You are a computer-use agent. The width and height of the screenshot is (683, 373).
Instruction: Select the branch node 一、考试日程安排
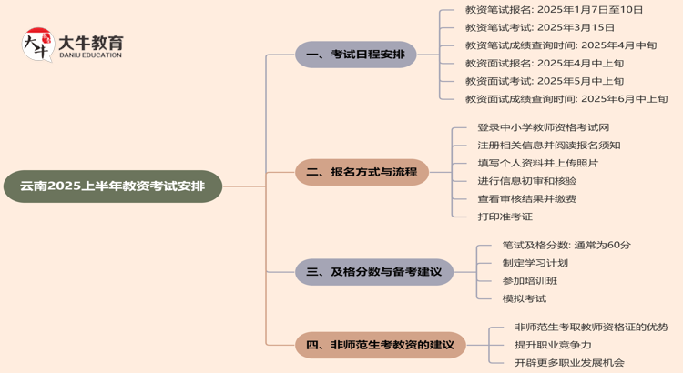(355, 55)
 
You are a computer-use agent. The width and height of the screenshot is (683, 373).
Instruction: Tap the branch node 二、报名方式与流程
(362, 171)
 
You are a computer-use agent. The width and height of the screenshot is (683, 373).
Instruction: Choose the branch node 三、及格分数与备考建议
(373, 271)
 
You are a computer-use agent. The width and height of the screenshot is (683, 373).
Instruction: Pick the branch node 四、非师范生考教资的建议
(381, 345)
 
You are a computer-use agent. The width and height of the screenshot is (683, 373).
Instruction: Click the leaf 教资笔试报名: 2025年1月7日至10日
(554, 10)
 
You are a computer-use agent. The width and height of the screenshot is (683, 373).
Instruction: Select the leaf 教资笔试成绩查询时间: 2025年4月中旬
(561, 45)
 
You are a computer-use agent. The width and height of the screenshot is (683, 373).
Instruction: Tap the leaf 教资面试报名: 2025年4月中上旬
(545, 63)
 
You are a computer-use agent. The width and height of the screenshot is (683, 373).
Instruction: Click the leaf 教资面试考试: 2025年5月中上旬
(545, 81)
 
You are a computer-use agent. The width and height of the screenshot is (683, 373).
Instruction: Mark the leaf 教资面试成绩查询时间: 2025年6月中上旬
(566, 99)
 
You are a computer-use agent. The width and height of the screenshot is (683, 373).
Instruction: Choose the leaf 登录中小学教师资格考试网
(543, 127)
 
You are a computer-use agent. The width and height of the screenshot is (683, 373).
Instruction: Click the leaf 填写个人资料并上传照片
(537, 163)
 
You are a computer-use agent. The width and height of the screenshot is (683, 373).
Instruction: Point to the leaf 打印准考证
(505, 217)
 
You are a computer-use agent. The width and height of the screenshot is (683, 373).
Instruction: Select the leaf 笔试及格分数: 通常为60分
(566, 245)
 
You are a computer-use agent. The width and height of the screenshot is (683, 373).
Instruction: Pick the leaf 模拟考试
(524, 298)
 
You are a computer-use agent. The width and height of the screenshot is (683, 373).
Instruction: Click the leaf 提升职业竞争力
(553, 345)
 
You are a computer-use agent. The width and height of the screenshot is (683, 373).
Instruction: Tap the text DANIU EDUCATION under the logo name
(90, 55)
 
